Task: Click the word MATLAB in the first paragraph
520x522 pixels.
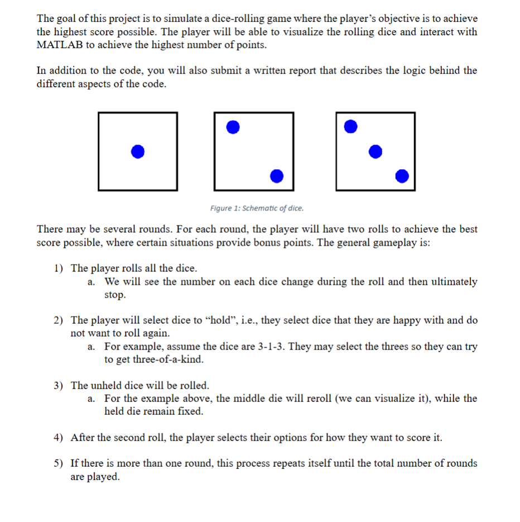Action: coord(59,45)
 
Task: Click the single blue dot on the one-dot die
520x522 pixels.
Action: coord(138,151)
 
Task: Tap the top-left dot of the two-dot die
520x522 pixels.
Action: coord(233,127)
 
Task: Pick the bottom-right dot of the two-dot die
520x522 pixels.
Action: coord(276,176)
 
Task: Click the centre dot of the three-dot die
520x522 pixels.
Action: coord(375,151)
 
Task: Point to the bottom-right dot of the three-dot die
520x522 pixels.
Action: coord(401,176)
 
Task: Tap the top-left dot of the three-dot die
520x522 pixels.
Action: coord(350,127)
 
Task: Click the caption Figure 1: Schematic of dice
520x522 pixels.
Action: coord(257,208)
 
